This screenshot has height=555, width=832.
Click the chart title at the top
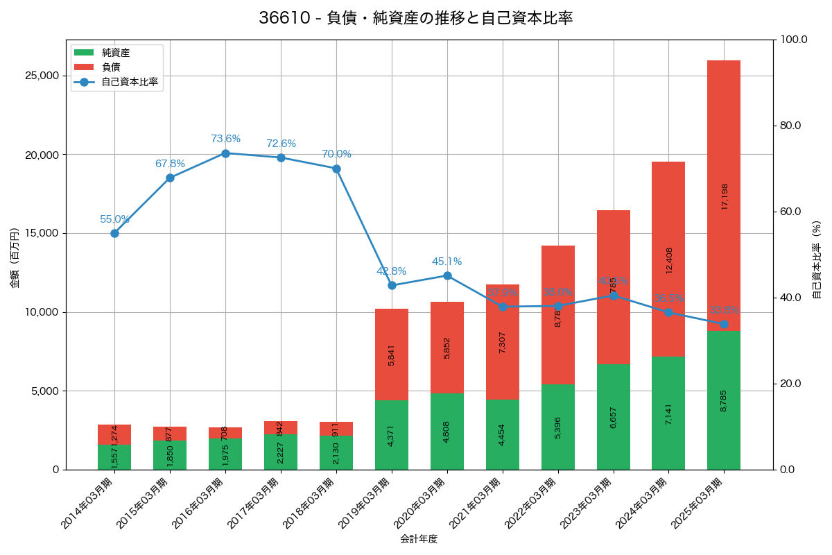coord(416,18)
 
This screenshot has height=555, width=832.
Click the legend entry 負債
coord(111,67)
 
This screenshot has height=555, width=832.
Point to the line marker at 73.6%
coord(225,153)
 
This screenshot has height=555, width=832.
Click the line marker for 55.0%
coord(114,233)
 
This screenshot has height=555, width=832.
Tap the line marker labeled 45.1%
coord(447,275)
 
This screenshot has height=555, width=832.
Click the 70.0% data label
coord(336,154)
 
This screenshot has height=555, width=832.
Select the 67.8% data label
coord(170,164)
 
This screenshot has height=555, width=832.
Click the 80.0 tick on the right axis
coord(791,126)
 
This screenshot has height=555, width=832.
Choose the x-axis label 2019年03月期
coord(366,503)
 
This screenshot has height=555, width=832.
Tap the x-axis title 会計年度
coord(419,539)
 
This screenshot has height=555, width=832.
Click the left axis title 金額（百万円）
coord(15,258)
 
